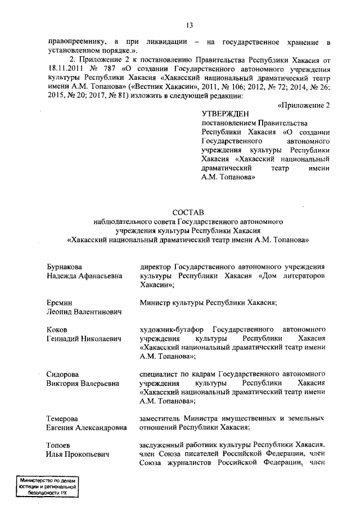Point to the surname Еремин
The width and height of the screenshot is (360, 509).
click(60, 303)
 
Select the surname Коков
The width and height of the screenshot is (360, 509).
click(57, 329)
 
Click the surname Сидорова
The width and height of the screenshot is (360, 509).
click(62, 375)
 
